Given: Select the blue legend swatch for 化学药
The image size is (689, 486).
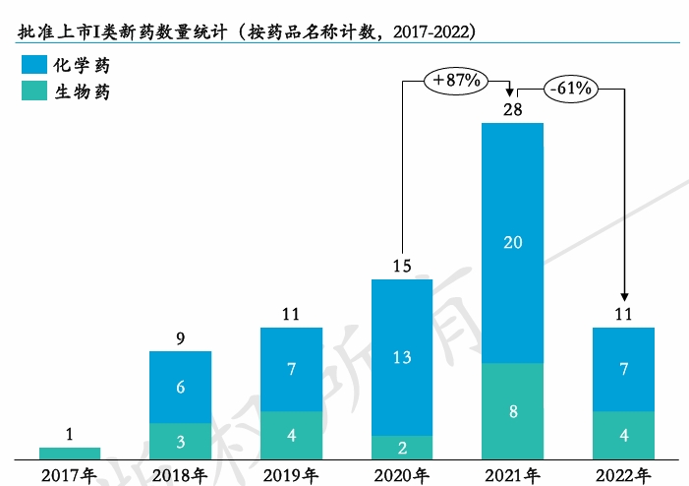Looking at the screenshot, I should click(x=35, y=66).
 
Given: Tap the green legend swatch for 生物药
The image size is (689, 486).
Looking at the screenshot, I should click(x=35, y=91).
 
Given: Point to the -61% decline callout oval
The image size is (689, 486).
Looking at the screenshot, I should click(x=571, y=89).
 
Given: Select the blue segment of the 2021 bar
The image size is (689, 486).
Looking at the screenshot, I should click(x=512, y=242).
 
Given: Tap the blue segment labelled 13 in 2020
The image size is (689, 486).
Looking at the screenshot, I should click(x=401, y=357).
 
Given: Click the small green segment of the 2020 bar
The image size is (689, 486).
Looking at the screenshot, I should click(x=401, y=448).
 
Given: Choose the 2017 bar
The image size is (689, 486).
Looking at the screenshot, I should click(x=70, y=454).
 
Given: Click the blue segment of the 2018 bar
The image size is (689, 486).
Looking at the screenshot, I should click(x=180, y=387).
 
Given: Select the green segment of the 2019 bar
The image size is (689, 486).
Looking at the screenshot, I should click(x=291, y=435).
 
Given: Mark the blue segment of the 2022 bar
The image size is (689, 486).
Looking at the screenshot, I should click(x=623, y=369).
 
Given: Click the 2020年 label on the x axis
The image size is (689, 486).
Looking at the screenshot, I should click(x=401, y=476).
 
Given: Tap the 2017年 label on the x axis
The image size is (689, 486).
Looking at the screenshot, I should click(x=70, y=476).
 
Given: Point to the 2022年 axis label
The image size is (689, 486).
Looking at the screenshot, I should click(x=623, y=476).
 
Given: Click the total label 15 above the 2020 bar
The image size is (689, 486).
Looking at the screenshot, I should click(x=401, y=265).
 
